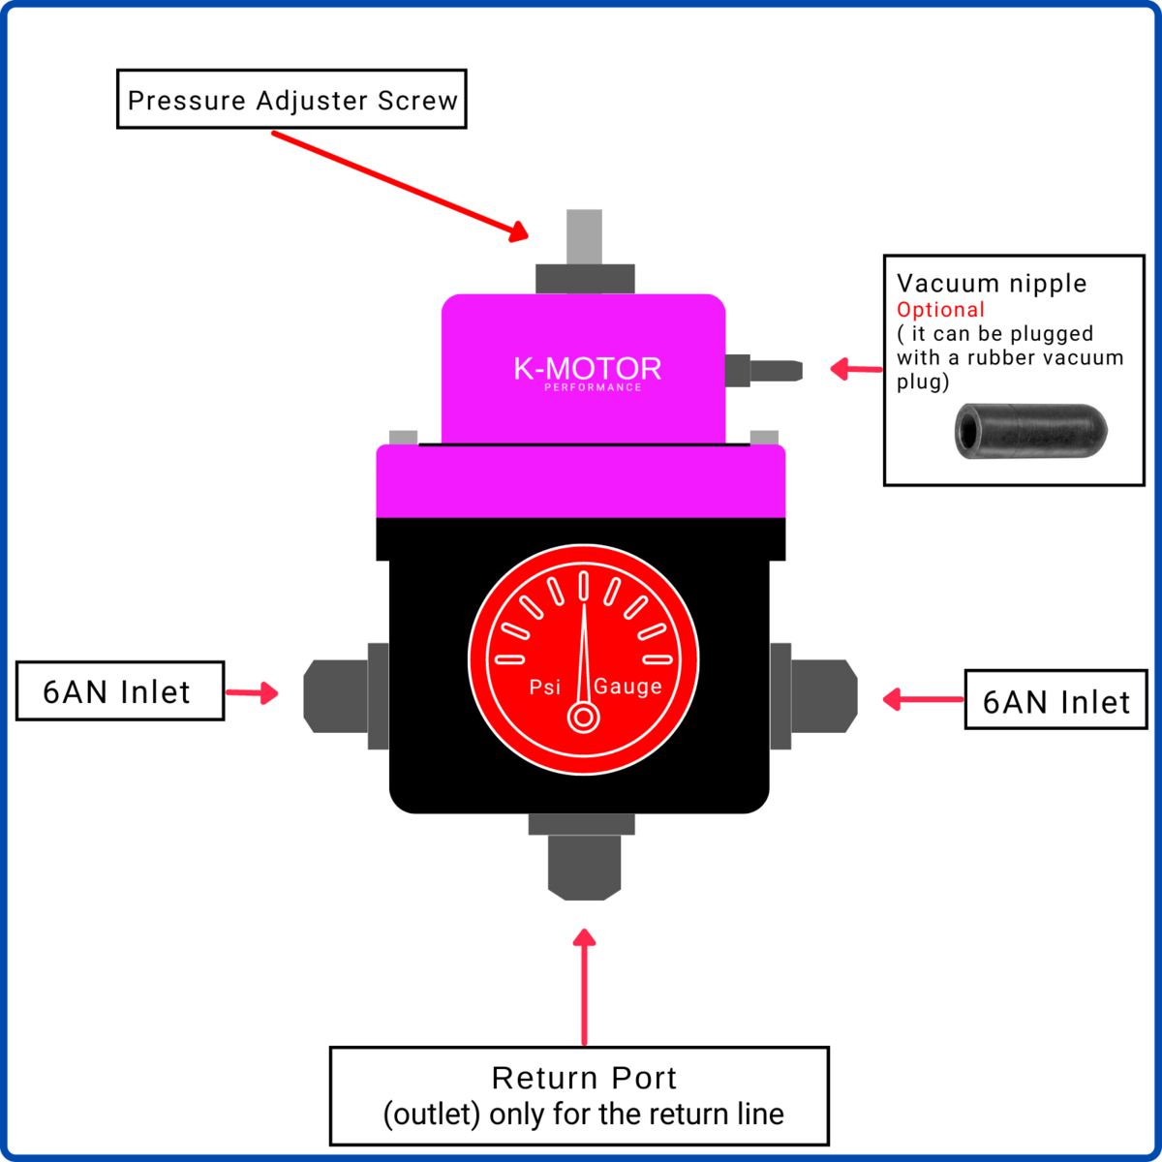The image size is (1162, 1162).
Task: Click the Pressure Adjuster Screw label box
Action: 291,100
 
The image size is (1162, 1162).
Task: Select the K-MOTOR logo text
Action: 588,369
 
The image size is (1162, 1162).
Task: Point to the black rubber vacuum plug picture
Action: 1030,431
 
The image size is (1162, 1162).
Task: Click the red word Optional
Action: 940,310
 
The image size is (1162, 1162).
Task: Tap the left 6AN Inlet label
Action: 119,691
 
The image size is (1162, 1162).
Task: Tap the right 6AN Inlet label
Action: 1055,701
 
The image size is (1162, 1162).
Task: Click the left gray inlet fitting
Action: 337,694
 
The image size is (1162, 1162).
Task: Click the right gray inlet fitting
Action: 823,694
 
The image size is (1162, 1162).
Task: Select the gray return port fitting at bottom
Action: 584,865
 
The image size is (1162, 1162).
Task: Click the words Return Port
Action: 584,1078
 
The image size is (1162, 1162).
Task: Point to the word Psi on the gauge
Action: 544,687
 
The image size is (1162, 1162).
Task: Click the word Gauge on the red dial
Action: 627,687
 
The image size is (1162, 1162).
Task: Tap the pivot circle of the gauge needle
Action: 583,718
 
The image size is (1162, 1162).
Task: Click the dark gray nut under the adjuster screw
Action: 585,279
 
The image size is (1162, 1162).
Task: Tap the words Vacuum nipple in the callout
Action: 992,284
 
